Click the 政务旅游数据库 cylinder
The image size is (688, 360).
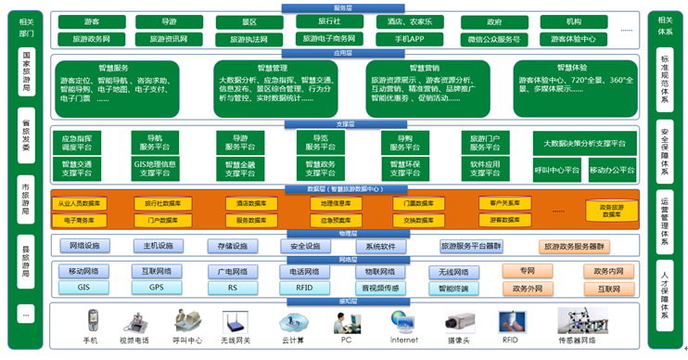(x=611, y=211)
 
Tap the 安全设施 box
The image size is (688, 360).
(x=304, y=246)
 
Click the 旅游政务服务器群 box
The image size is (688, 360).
(x=574, y=246)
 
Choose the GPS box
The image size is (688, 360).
(x=155, y=288)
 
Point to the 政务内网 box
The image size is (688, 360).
(x=602, y=271)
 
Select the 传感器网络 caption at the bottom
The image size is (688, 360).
(x=576, y=341)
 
